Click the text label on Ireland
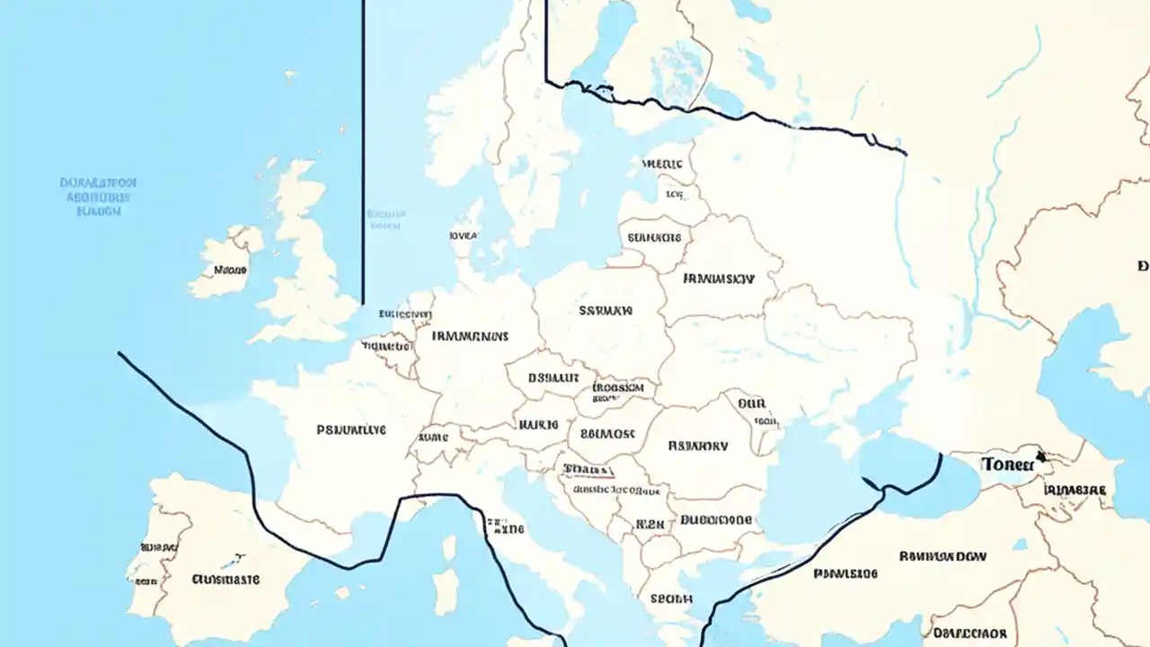229,269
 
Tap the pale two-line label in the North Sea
385,220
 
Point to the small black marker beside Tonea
1040,456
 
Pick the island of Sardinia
446,590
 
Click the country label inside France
351,430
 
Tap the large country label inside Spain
226,580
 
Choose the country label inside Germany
470,336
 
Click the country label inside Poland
606,311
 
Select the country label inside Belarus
719,279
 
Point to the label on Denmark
463,235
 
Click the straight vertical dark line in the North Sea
363,153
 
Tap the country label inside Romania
698,444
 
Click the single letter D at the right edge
1143,266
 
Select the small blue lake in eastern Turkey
1019,545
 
